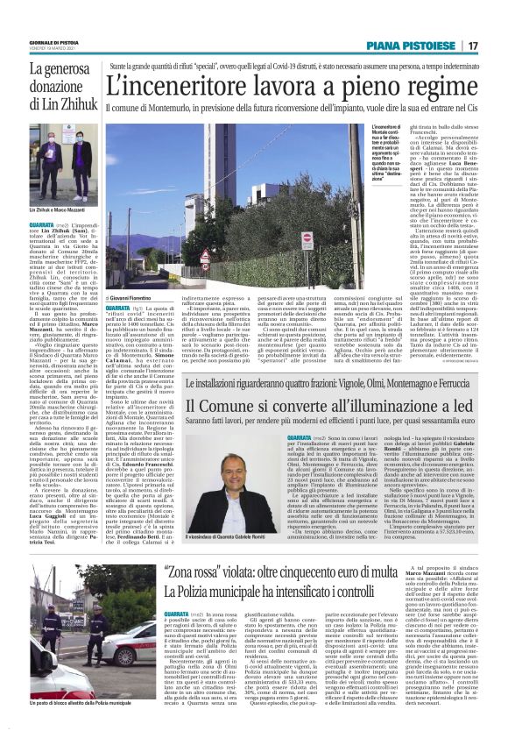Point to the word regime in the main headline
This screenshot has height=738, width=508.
click(x=435, y=86)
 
